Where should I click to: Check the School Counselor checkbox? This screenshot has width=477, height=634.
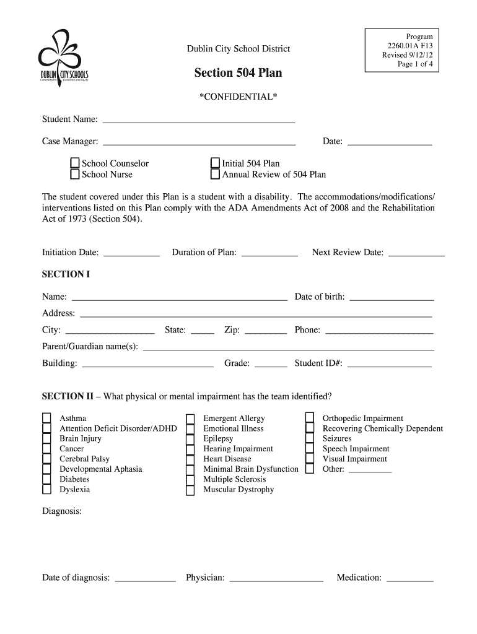pos(75,163)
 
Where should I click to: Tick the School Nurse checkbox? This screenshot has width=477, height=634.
pos(75,174)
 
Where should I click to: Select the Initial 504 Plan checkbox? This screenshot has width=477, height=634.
pos(215,163)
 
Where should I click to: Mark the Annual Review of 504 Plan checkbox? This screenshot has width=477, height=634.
pos(215,174)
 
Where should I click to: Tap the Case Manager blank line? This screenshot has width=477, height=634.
pos(199,144)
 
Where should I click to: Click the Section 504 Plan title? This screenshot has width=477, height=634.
pos(238,73)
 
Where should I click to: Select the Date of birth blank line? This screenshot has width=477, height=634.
pos(392,299)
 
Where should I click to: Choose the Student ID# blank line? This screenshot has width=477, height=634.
pos(390,365)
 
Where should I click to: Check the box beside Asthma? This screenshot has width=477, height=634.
pos(46,419)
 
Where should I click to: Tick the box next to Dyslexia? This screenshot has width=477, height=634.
pos(46,490)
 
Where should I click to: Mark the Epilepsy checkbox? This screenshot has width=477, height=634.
pos(191,439)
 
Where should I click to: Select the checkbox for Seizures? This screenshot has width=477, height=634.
pos(310,439)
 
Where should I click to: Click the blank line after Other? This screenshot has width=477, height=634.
pos(370,472)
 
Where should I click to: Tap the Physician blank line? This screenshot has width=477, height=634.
pos(276,580)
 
